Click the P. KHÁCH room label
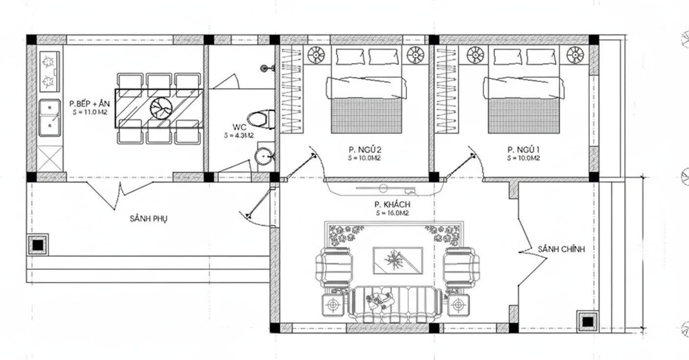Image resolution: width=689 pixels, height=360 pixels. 392,204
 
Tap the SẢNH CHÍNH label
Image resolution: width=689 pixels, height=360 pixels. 561,249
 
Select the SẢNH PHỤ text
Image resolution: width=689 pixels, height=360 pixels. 149,219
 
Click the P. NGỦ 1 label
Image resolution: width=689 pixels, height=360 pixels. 523,150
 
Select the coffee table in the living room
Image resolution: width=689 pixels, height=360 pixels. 397,260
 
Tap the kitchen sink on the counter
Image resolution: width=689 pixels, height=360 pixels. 49,118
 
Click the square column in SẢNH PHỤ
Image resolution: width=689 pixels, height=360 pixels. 38,244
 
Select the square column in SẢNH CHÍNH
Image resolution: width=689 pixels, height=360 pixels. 587,321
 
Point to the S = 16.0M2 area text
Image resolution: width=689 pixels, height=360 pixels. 392,213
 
